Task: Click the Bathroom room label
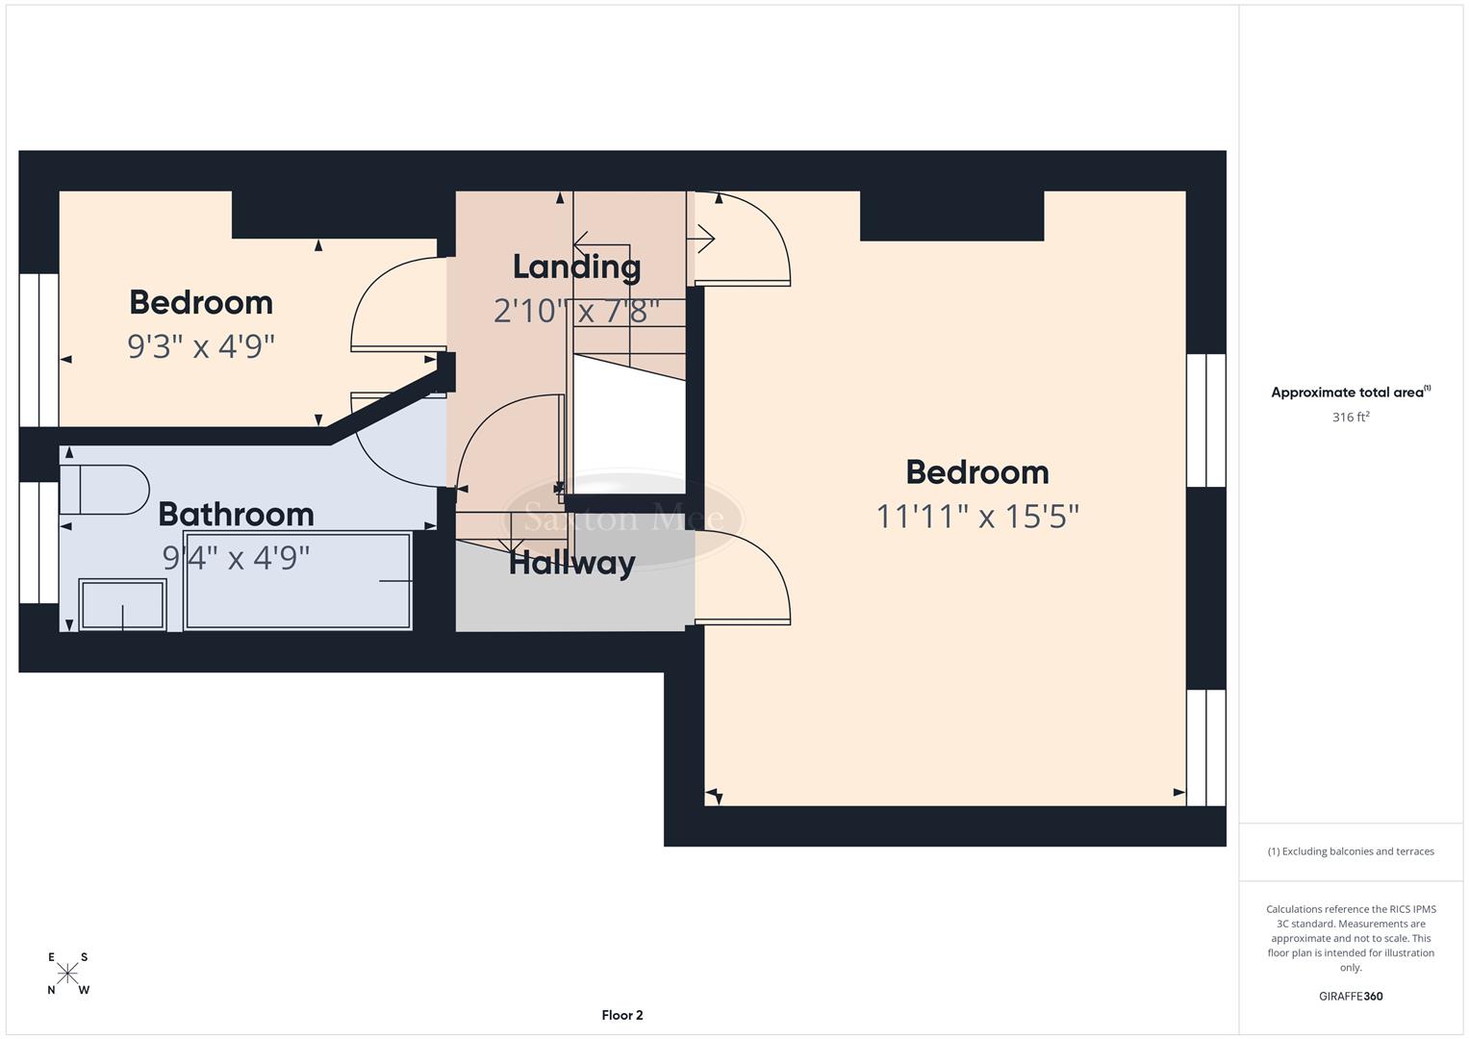(236, 515)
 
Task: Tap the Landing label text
(576, 267)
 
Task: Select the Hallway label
(571, 563)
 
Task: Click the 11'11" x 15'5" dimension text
(976, 517)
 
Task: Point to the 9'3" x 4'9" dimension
(201, 346)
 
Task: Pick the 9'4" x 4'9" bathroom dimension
(236, 557)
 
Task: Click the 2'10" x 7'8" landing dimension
(576, 311)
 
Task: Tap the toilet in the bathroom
(103, 490)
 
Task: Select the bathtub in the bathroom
(297, 581)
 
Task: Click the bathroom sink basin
(122, 605)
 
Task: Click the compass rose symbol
(67, 974)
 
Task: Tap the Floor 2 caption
(621, 1015)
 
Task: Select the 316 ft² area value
(1350, 418)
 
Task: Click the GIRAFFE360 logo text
(1350, 996)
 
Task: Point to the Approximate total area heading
(1350, 393)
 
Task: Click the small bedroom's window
(38, 350)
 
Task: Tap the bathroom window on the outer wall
(38, 543)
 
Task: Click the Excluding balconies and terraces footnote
(1350, 851)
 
